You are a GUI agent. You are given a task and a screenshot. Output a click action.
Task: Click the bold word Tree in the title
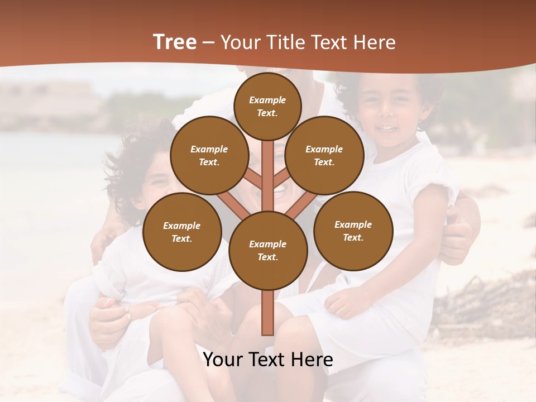[x=175, y=42]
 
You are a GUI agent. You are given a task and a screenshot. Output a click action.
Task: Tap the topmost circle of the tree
[x=267, y=106]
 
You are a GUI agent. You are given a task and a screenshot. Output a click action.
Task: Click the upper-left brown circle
[x=209, y=155]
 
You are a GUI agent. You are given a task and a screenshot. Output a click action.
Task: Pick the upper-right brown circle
[x=324, y=155]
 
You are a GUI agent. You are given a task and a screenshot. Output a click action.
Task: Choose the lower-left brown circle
[x=182, y=232]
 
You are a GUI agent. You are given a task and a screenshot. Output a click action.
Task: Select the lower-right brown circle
[x=353, y=231]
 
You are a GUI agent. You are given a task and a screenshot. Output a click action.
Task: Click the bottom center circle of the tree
[x=267, y=250]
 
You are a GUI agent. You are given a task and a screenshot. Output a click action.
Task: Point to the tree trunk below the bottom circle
[x=267, y=313]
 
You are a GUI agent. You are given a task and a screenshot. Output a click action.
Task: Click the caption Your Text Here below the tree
[x=268, y=360]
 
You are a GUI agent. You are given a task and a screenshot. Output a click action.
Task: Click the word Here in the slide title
[x=374, y=42]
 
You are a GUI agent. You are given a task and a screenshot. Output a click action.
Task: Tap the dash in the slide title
[x=209, y=42]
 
